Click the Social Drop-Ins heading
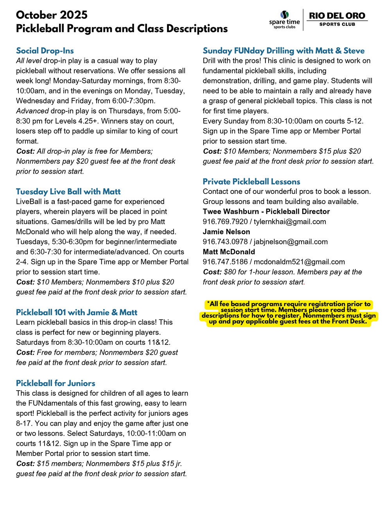click(x=45, y=51)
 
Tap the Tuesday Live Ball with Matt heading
click(x=68, y=192)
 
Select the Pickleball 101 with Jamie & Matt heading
click(x=77, y=312)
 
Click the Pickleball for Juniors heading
click(x=56, y=383)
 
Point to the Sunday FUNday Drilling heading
click(x=283, y=51)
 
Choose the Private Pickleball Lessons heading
click(x=251, y=181)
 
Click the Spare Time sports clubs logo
click(x=284, y=20)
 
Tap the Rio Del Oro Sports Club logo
click(x=337, y=18)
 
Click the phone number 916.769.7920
click(x=225, y=222)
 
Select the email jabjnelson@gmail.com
click(x=291, y=242)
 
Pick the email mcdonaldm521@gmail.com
click(x=299, y=262)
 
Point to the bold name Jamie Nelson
click(x=226, y=232)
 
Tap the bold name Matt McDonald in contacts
click(x=229, y=252)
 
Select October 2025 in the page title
click(x=52, y=15)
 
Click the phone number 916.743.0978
click(x=225, y=242)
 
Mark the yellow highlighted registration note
click(x=289, y=313)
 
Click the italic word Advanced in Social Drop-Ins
click(x=32, y=111)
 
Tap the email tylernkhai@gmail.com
click(x=290, y=222)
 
